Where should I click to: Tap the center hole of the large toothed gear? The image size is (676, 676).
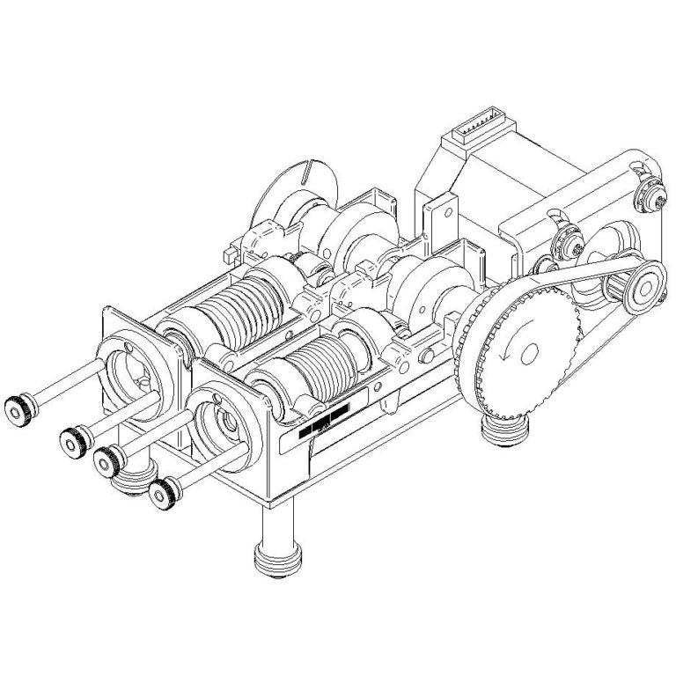(530, 353)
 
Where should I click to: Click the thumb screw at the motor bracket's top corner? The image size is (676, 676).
(650, 195)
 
